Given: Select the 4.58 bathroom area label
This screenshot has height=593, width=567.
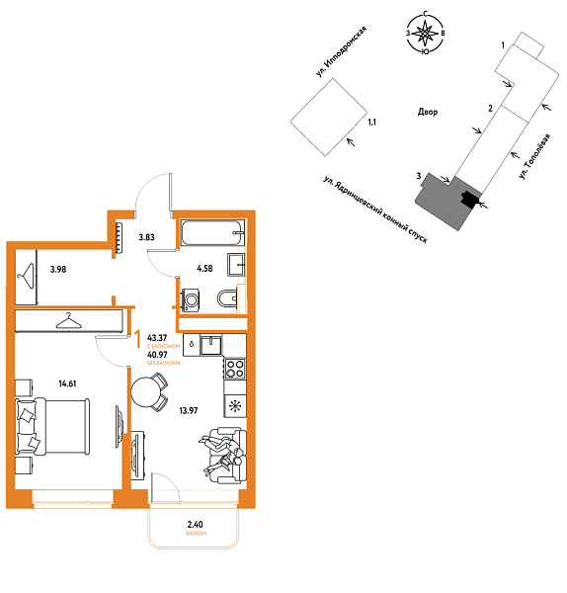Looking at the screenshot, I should coord(205,267).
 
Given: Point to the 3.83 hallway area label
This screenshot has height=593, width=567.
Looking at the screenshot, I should coord(146,237).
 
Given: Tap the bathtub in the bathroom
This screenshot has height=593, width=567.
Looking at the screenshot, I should coord(210,235).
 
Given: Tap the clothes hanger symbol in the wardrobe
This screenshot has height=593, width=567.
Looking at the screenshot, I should coord(68,320).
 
